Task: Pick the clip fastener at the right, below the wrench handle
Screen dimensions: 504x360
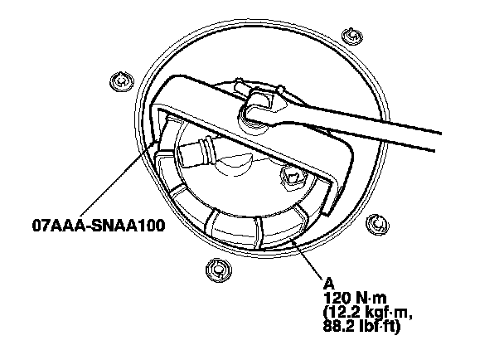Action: coord(376,222)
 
